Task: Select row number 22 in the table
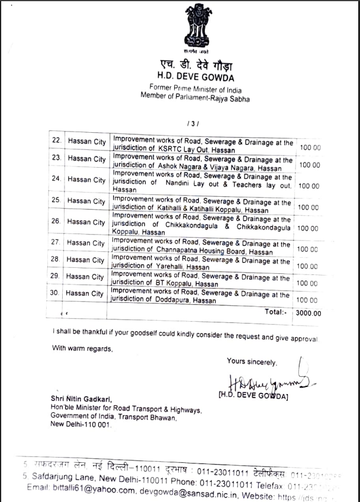pos(57,141)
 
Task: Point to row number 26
pos(57,222)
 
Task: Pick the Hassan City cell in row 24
pos(86,180)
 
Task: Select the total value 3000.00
pos(308,314)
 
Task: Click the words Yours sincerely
pos(251,362)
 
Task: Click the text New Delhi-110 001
pos(80,425)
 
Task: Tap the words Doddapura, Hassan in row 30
pos(188,302)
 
